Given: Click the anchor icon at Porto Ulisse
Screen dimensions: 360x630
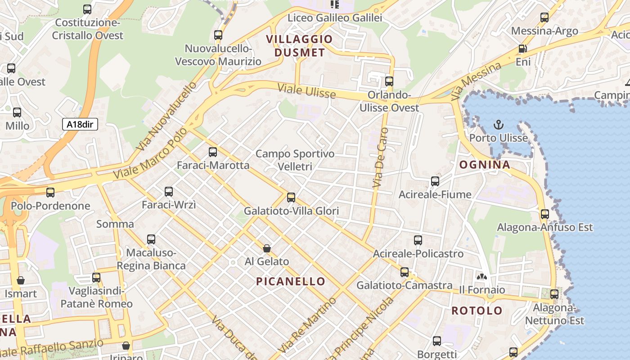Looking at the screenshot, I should pyautogui.click(x=498, y=125).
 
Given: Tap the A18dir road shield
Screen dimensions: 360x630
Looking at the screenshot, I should pyautogui.click(x=80, y=124).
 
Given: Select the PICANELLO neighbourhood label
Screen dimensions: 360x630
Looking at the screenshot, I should pyautogui.click(x=291, y=282).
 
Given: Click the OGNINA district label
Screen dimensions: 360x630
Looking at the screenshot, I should pyautogui.click(x=485, y=165).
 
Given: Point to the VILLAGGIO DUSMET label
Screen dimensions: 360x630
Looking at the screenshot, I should pyautogui.click(x=299, y=46).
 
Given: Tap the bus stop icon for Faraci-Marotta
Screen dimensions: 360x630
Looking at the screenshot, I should pyautogui.click(x=213, y=152).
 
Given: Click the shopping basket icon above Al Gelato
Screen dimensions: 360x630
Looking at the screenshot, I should pyautogui.click(x=267, y=248).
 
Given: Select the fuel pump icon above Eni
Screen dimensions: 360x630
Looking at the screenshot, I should pyautogui.click(x=522, y=49).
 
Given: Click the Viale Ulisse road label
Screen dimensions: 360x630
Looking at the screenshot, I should pyautogui.click(x=306, y=90).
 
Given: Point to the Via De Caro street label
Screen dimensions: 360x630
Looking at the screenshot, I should pyautogui.click(x=380, y=158).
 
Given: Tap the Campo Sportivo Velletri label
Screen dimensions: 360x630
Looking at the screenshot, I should pyautogui.click(x=295, y=160).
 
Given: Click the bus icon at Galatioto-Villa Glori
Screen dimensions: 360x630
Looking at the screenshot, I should pyautogui.click(x=291, y=197).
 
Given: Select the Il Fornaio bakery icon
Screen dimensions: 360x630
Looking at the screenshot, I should pyautogui.click(x=482, y=276).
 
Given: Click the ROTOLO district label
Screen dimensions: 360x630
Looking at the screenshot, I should pyautogui.click(x=477, y=310).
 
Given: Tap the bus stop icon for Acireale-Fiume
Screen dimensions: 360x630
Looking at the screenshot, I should pyautogui.click(x=435, y=181).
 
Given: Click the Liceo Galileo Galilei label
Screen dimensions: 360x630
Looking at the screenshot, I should pyautogui.click(x=334, y=18).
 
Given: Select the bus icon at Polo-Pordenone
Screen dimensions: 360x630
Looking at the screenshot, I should pyautogui.click(x=50, y=193).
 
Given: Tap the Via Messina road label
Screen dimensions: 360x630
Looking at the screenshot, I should pyautogui.click(x=476, y=81).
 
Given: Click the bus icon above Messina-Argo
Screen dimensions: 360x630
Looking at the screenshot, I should pyautogui.click(x=544, y=18).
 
